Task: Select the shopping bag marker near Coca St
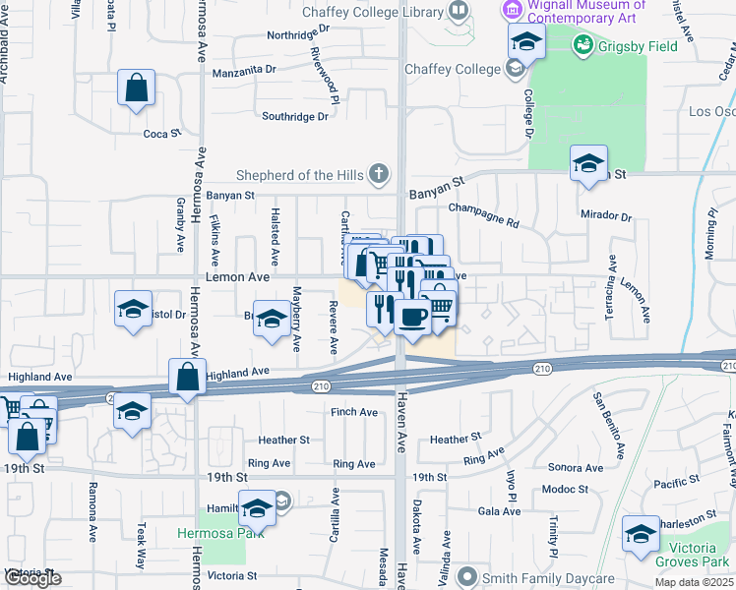136,88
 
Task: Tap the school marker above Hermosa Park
258,508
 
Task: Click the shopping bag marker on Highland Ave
187,378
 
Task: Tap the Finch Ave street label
354,412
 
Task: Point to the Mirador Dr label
606,214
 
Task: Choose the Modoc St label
565,489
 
